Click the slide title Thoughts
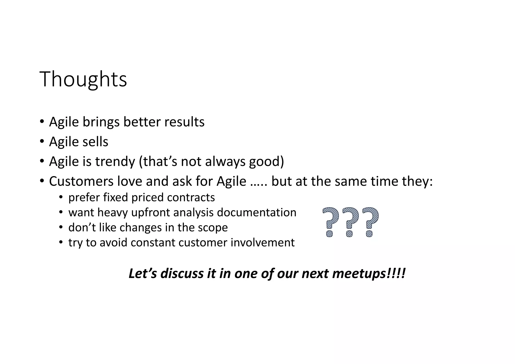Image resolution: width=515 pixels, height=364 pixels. pos(83,79)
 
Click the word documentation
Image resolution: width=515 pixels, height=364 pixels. pos(256,213)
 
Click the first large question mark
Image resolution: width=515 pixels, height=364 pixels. pos(331,222)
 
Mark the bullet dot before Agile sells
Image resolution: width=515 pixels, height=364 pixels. pos(42,141)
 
